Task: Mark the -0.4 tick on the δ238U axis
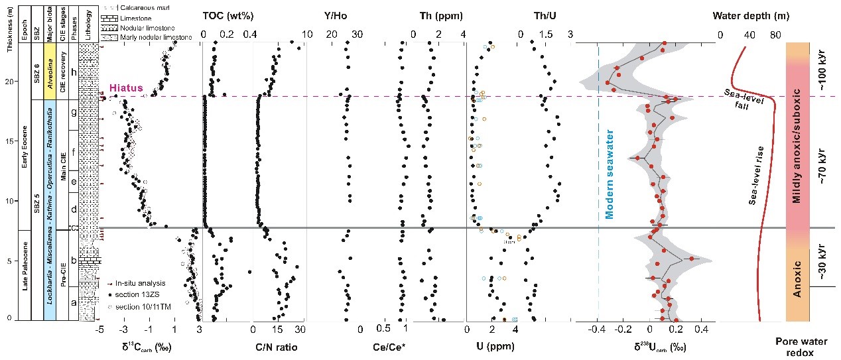pos(599,329)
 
